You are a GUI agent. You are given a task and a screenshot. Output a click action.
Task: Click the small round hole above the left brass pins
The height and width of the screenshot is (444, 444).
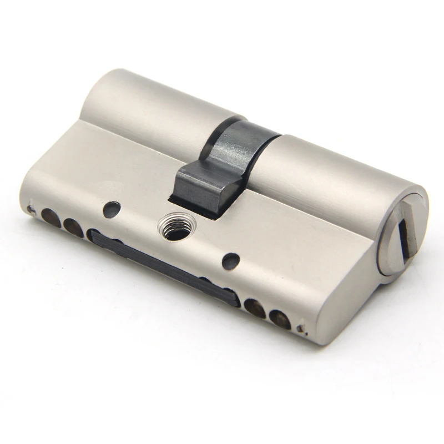112,209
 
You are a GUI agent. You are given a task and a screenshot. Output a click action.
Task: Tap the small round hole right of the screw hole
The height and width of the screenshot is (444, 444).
231,260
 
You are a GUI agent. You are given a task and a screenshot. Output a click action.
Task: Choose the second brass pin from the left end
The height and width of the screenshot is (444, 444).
73,226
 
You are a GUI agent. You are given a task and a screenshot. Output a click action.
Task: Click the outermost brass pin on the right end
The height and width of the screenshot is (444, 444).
280,320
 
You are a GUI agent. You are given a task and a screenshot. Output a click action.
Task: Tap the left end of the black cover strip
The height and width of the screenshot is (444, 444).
94,235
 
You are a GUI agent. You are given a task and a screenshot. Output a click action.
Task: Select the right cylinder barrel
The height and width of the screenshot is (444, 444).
333,167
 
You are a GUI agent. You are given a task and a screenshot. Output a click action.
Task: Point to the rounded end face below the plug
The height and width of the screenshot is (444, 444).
355,300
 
